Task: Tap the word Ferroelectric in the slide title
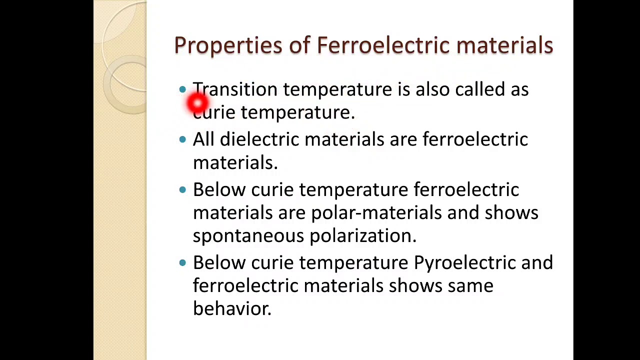(383, 45)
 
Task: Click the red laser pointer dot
(197, 103)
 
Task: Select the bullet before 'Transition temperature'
(182, 89)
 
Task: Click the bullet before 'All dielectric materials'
(182, 139)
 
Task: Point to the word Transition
(235, 89)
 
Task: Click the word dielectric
(259, 139)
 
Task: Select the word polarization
(363, 236)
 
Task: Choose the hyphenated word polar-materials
(376, 213)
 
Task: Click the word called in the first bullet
(480, 89)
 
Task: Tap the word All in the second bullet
(203, 139)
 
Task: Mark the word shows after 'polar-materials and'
(511, 213)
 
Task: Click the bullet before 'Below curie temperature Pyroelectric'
(182, 262)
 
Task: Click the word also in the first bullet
(432, 89)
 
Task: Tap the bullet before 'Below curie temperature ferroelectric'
(182, 189)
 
